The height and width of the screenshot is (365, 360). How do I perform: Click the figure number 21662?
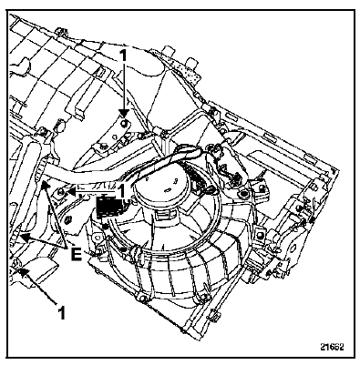tap(332, 347)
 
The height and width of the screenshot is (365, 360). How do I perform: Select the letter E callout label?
tap(77, 254)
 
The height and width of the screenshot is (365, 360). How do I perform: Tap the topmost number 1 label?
tap(123, 56)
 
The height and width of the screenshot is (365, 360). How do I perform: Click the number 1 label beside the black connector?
tap(121, 191)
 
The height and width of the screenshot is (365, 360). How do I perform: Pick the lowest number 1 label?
tap(62, 312)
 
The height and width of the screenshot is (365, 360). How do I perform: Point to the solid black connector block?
tap(109, 207)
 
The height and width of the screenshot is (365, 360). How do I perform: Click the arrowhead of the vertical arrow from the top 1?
tap(123, 114)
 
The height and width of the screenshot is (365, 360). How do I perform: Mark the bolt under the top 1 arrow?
tap(125, 123)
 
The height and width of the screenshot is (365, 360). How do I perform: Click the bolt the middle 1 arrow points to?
tap(61, 191)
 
